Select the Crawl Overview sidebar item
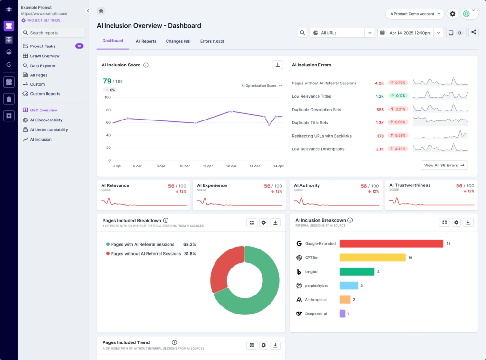click(x=45, y=56)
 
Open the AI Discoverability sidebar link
click(x=46, y=120)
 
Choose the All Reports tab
click(x=146, y=41)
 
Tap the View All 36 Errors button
click(x=444, y=165)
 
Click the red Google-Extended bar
click(x=391, y=243)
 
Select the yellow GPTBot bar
click(x=372, y=258)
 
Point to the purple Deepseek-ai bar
click(x=342, y=314)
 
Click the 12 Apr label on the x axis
click(x=231, y=166)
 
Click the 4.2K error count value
click(x=379, y=83)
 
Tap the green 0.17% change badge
click(x=398, y=96)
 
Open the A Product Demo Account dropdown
click(x=414, y=14)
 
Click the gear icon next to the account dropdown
click(x=452, y=14)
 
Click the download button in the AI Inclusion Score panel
click(x=278, y=65)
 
